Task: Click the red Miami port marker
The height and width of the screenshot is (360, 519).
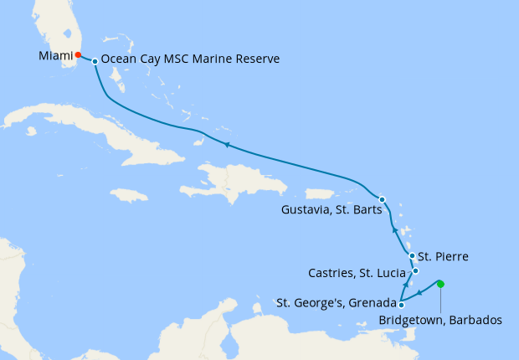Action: tap(78, 55)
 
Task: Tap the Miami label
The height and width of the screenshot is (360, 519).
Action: tap(55, 55)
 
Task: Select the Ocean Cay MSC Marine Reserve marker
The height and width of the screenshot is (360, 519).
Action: tap(95, 61)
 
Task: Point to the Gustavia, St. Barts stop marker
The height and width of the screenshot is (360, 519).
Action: tap(382, 199)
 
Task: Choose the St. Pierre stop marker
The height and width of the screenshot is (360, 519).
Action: tap(412, 256)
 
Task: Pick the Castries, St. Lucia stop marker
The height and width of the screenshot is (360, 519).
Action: tap(415, 271)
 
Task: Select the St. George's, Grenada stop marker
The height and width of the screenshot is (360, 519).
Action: tap(401, 305)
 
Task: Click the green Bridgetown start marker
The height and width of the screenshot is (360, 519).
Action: tap(441, 285)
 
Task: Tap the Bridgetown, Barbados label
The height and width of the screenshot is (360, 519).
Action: tap(439, 320)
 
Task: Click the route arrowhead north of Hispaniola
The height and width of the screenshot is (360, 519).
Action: tap(226, 145)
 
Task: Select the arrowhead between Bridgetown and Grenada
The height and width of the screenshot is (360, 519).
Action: tap(420, 293)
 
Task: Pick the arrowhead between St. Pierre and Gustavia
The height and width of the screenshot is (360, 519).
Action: tap(394, 229)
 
